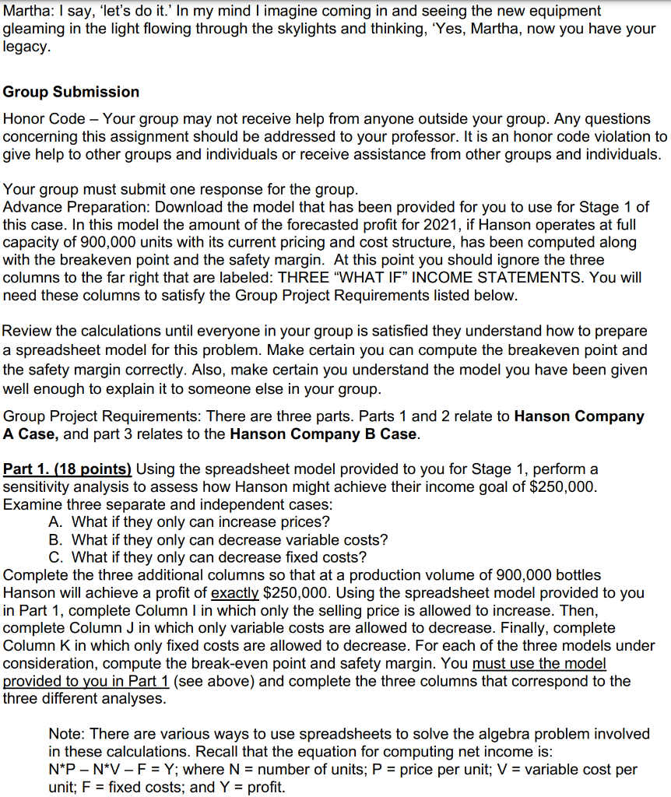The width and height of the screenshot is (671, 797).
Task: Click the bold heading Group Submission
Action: pyautogui.click(x=72, y=92)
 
